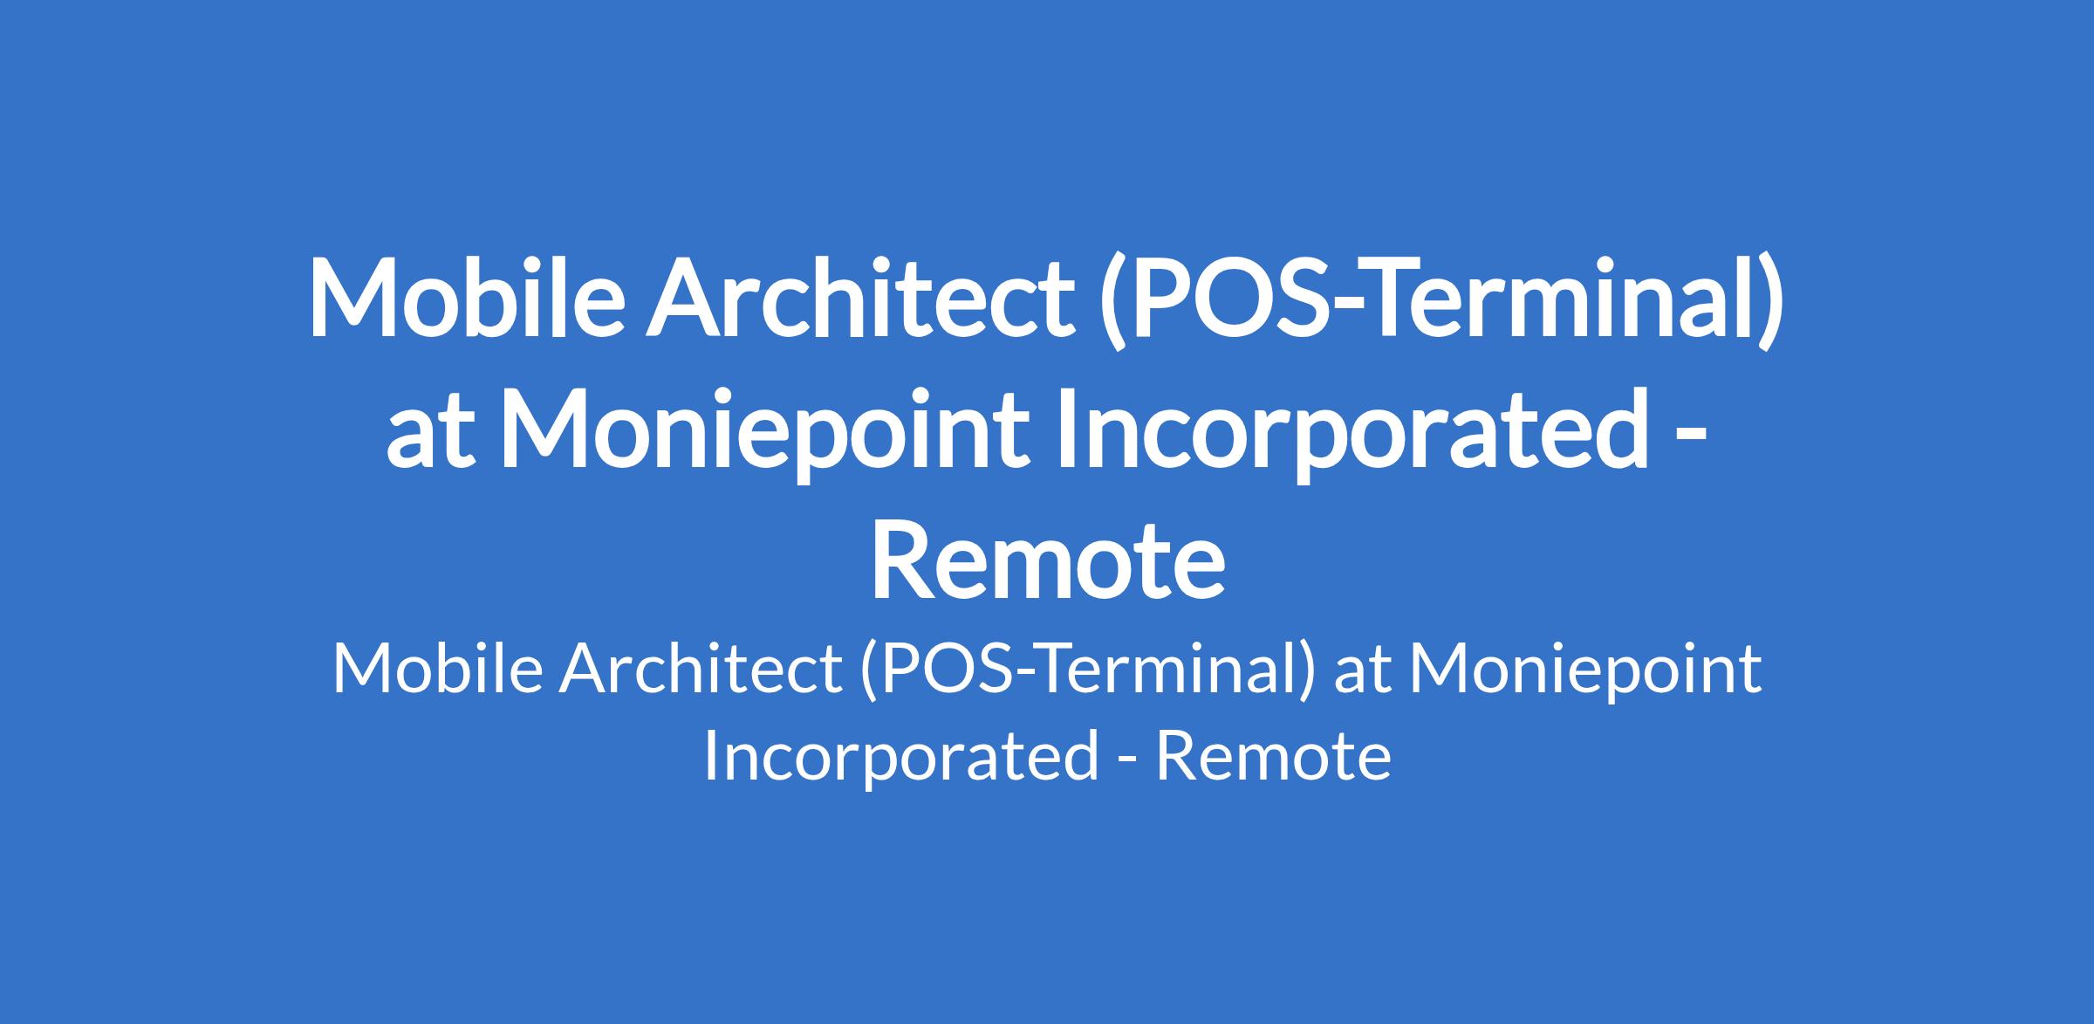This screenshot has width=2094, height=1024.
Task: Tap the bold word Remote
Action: (1047, 561)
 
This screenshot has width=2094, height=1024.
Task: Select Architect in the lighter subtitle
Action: (701, 670)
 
